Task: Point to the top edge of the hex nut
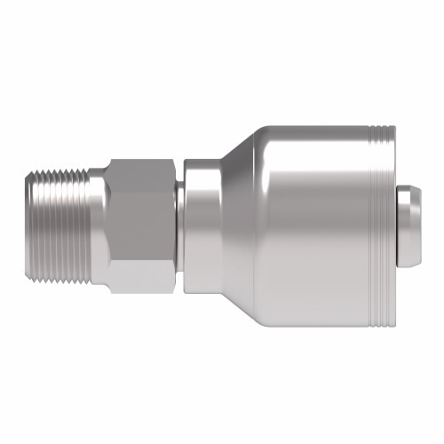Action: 142,159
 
